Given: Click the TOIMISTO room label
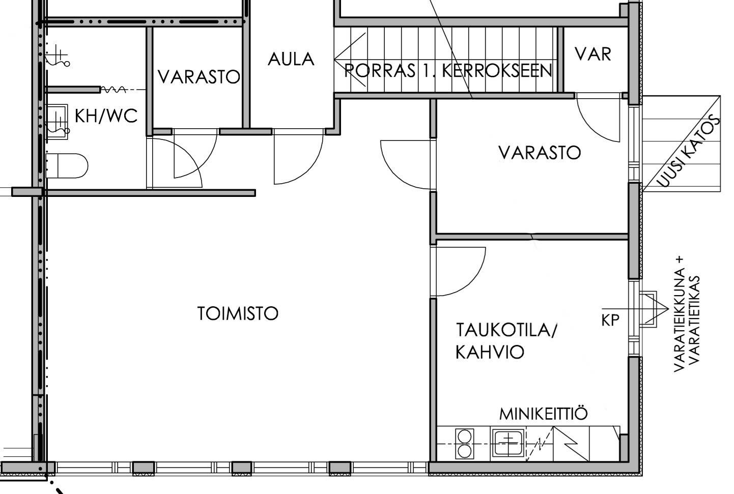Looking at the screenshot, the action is click(238, 313).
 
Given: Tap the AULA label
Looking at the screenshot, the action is click(291, 60).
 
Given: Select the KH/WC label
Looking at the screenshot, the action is click(106, 115).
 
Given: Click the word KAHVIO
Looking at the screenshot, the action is click(490, 352).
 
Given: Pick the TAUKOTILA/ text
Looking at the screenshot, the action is click(506, 330).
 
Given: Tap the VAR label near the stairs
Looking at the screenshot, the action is click(593, 54).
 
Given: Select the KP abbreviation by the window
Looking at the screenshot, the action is click(610, 321).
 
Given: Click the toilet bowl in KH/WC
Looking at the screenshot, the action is click(67, 166).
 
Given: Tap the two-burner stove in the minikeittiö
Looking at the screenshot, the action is click(465, 444).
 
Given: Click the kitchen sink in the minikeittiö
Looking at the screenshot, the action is click(508, 444).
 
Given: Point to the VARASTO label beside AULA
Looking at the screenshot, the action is click(199, 76).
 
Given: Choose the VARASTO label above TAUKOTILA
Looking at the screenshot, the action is click(540, 153).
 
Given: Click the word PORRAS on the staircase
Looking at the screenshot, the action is click(379, 70).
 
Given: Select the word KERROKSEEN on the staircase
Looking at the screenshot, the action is click(497, 70).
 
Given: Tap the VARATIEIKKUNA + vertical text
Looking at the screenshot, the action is click(680, 314).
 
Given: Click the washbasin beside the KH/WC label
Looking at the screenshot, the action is click(57, 122).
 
